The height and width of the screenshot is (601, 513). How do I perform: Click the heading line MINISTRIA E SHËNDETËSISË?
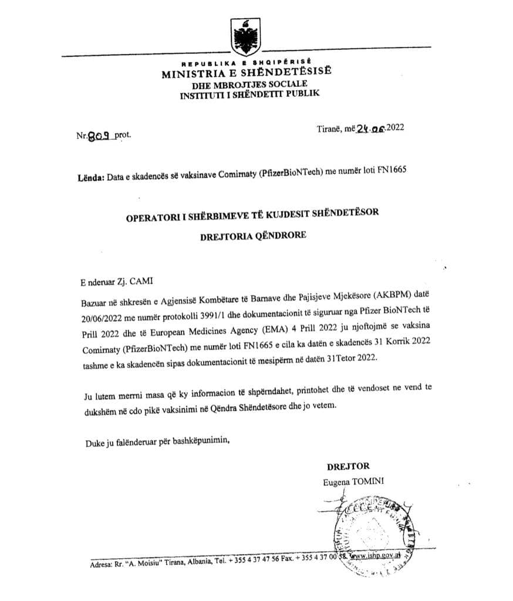(x=247, y=73)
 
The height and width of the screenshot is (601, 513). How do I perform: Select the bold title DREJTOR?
(x=348, y=466)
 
